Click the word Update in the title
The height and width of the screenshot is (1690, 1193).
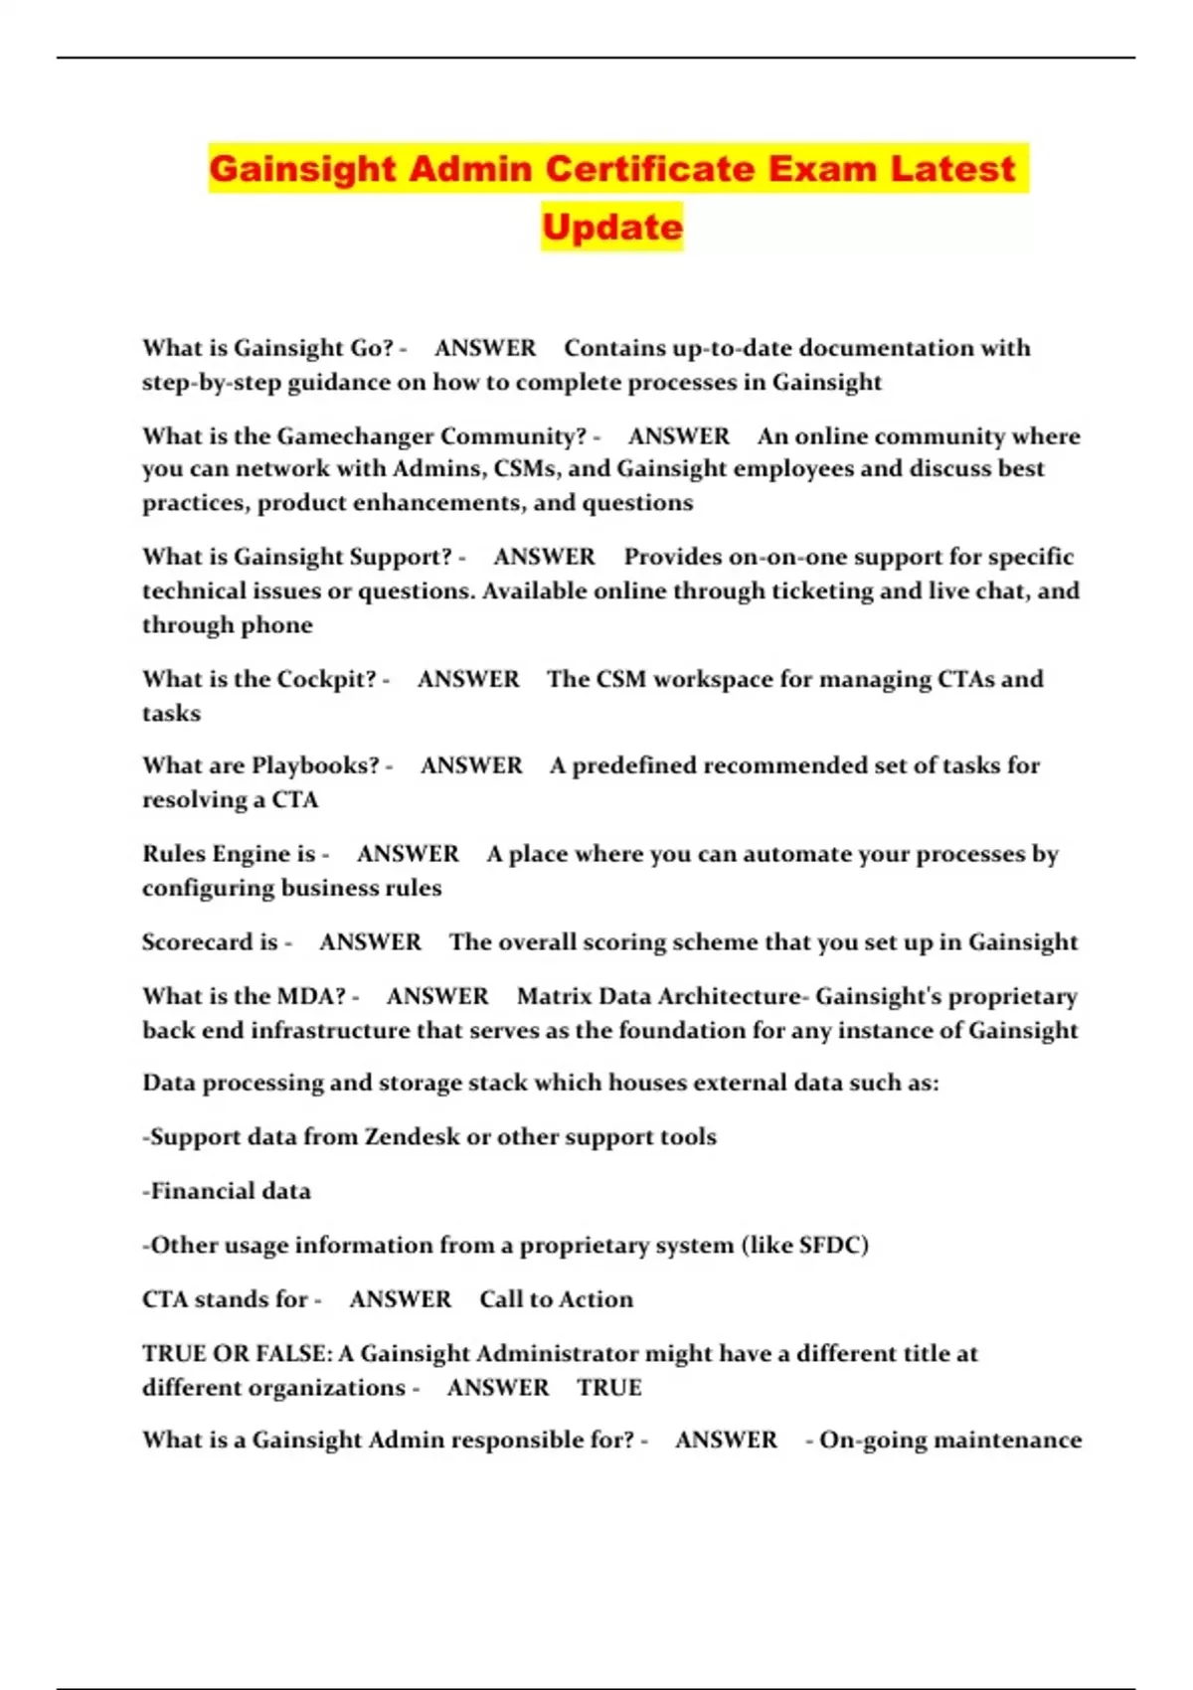coord(612,227)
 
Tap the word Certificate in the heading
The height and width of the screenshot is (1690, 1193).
coord(649,168)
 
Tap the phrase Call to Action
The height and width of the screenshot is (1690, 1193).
coord(556,1299)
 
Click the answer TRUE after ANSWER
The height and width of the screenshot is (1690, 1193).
coord(609,1388)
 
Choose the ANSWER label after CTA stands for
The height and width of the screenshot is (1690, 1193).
coord(400,1299)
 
